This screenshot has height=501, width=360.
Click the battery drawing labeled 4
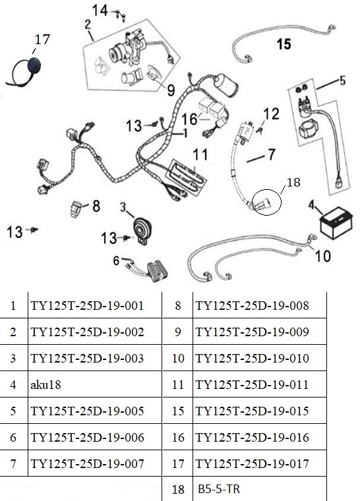click(336, 222)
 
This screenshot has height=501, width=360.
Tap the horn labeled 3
click(142, 231)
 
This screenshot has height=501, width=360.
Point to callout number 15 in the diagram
click(284, 44)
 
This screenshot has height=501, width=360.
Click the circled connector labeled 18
click(266, 202)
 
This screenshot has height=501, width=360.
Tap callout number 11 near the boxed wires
click(200, 155)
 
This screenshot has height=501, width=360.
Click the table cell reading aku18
click(45, 384)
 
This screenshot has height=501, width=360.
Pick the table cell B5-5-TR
click(219, 489)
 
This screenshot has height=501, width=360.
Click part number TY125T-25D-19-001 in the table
click(87, 306)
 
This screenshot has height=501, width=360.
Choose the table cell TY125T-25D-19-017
click(253, 463)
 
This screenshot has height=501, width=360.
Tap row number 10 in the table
click(178, 358)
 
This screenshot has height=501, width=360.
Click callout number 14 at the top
click(100, 11)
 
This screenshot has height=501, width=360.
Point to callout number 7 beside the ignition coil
click(271, 154)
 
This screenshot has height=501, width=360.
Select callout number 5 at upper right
click(342, 80)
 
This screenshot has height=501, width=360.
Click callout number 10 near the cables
click(323, 256)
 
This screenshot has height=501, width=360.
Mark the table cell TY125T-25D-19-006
click(87, 437)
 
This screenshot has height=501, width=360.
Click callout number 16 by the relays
click(189, 119)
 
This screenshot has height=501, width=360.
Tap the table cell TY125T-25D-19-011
click(252, 384)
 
